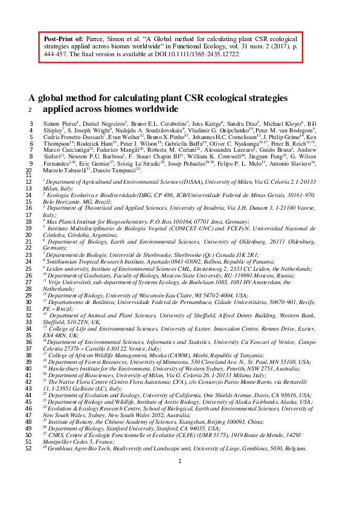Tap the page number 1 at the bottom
coord(180,495)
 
